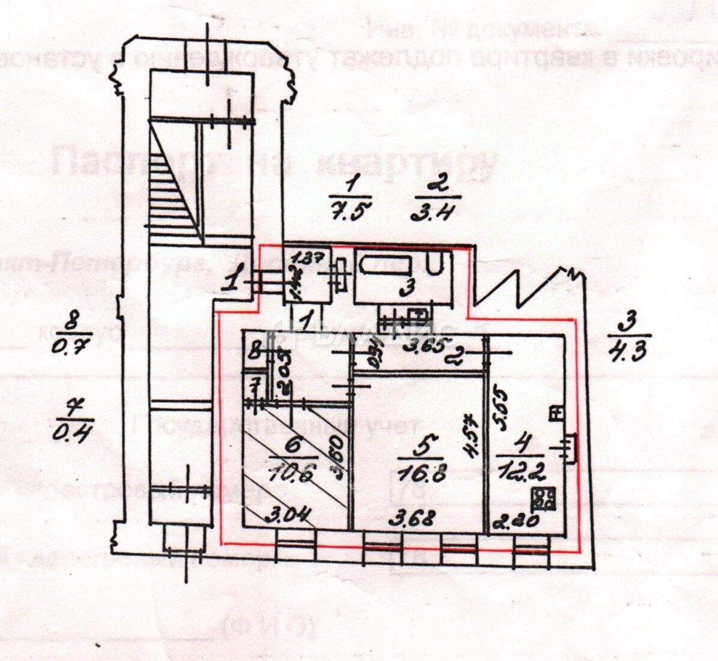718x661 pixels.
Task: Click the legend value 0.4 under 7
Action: tap(74, 432)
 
